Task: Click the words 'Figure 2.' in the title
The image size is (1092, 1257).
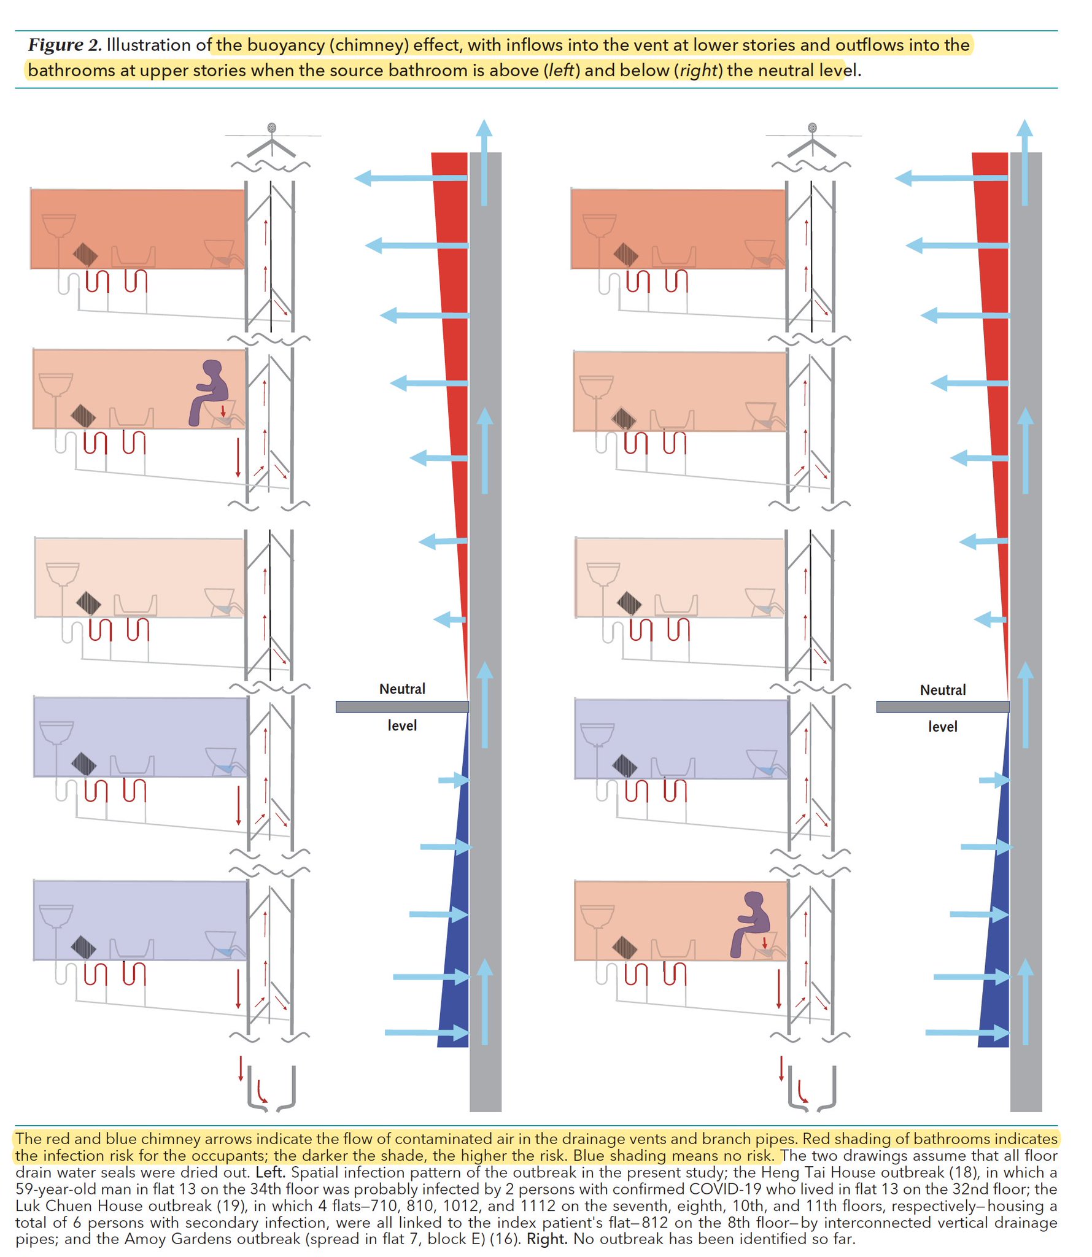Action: [x=64, y=45]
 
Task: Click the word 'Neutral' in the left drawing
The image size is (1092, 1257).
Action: [x=402, y=689]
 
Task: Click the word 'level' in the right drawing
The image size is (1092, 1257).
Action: [x=942, y=727]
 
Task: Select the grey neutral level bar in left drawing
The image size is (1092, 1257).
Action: [x=401, y=706]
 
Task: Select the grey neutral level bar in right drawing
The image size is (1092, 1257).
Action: [x=942, y=706]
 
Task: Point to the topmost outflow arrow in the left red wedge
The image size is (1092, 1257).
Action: [x=411, y=178]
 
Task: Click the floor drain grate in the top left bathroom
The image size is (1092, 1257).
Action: [x=85, y=254]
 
